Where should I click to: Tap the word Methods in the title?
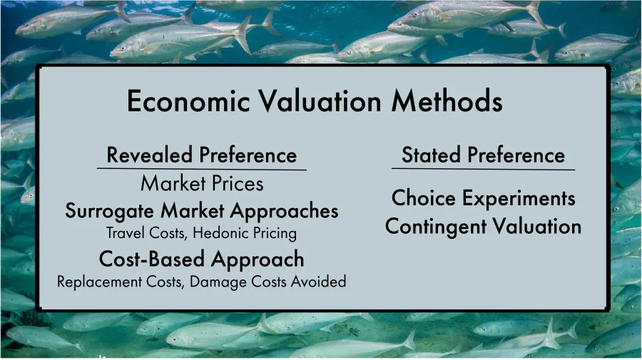pos(447,101)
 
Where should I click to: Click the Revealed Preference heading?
pos(201,155)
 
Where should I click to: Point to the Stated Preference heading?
pos(483,155)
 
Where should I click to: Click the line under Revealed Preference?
pos(201,170)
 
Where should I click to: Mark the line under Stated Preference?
pos(483,170)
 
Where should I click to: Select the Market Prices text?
pos(202,184)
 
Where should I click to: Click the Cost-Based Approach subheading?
pos(201,258)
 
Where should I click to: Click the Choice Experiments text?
pos(483,197)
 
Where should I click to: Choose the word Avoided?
pos(320,282)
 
